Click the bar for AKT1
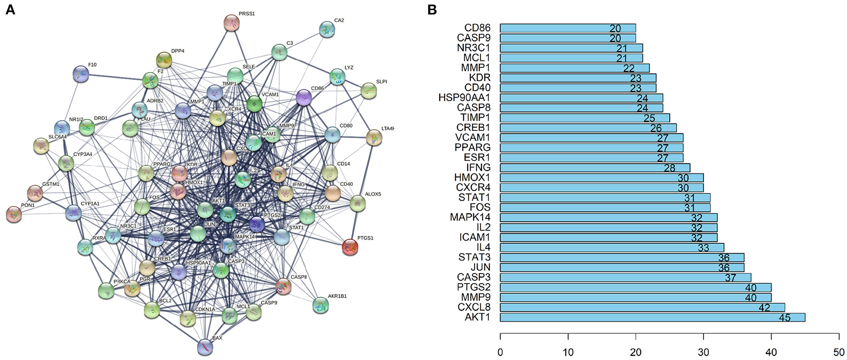[x=652, y=317]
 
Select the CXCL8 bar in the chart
[x=642, y=307]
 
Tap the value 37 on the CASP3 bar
[x=730, y=277]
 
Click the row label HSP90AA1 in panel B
[x=464, y=98]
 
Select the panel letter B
[x=432, y=10]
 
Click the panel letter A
[x=10, y=10]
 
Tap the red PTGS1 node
[x=350, y=247]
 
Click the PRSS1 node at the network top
[x=232, y=23]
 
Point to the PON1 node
[x=14, y=215]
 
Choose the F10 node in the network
[x=81, y=74]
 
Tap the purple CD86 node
[x=304, y=98]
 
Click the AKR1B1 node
[x=320, y=305]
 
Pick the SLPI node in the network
[x=369, y=90]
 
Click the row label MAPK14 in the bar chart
[x=470, y=218]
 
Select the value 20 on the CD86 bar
[x=615, y=28]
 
